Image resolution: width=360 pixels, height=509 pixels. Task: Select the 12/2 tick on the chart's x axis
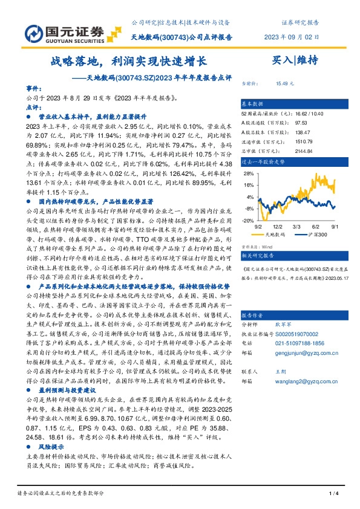(286, 225)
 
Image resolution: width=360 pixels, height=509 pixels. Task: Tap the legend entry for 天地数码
(281, 233)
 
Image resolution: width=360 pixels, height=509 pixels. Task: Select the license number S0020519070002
(296, 333)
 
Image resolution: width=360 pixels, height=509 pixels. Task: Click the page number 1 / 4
(332, 494)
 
